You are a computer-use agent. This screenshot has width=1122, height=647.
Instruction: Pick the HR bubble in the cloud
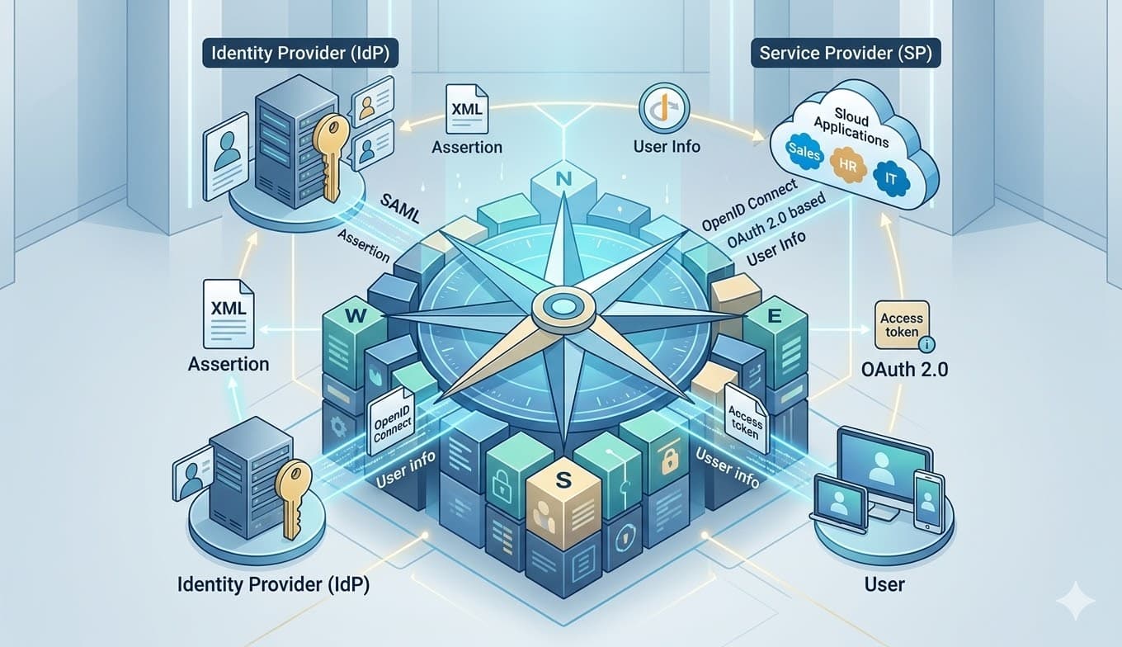pyautogui.click(x=846, y=163)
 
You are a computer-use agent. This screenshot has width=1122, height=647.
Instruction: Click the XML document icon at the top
pyautogui.click(x=464, y=111)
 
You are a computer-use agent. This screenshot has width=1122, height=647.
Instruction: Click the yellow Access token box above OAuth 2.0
pyautogui.click(x=902, y=325)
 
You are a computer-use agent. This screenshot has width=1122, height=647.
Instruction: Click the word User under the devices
pyautogui.click(x=884, y=584)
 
